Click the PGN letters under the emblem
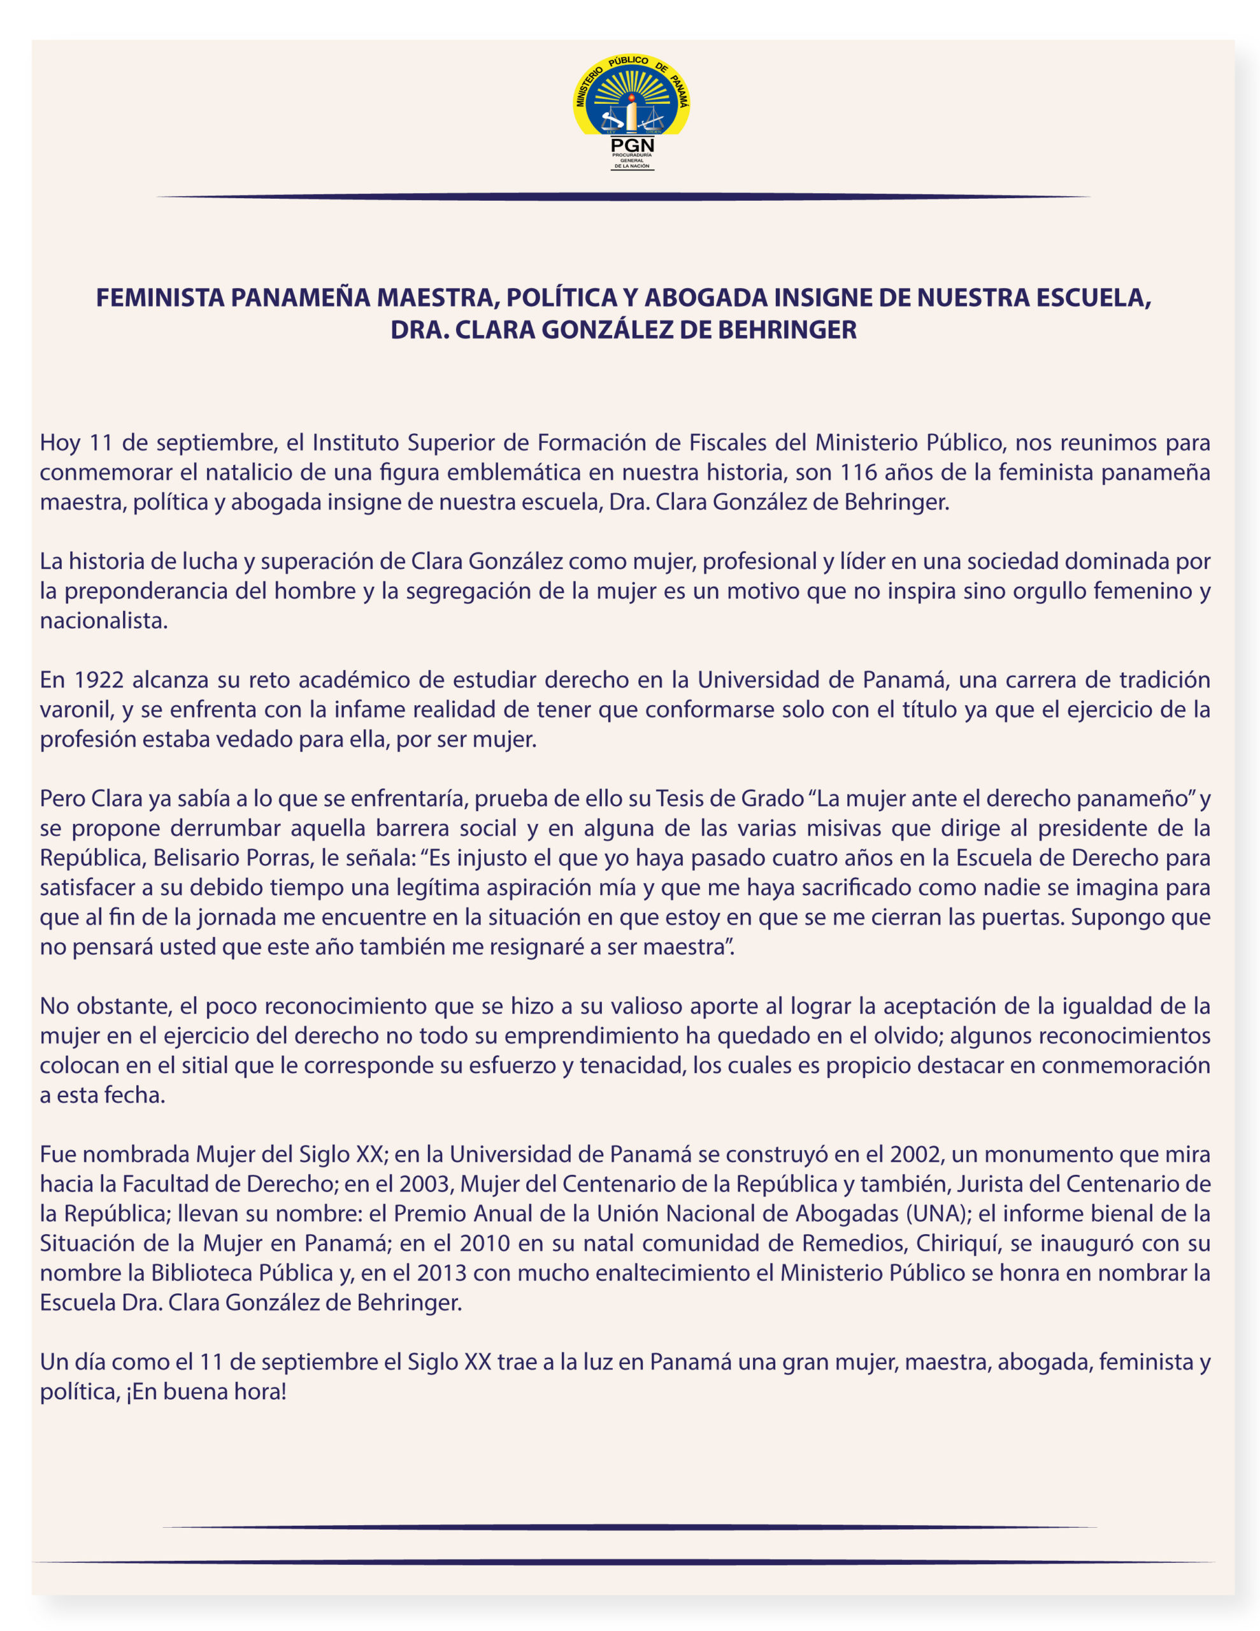[x=632, y=145]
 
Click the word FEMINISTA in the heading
[x=160, y=298]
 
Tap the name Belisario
[x=200, y=858]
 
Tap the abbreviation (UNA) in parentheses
[x=939, y=1214]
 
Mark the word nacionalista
[x=103, y=621]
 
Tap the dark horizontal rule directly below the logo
[x=624, y=197]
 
